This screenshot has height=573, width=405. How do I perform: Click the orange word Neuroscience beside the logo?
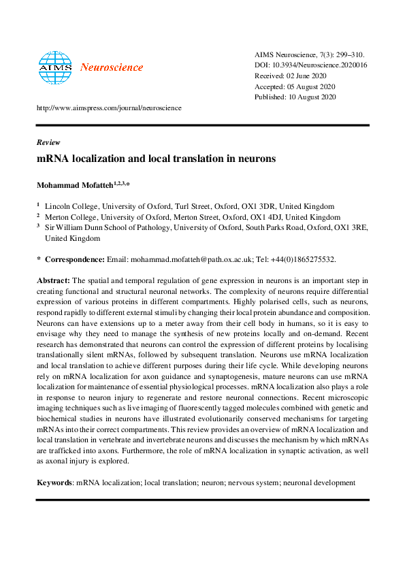(x=112, y=67)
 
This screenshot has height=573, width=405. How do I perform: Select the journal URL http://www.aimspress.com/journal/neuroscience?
(x=108, y=108)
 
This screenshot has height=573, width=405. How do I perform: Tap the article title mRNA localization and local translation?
(x=156, y=159)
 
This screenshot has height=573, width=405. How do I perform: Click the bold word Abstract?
(x=52, y=280)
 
